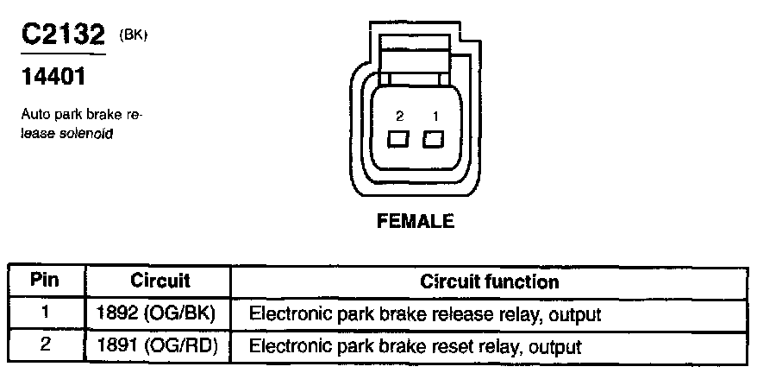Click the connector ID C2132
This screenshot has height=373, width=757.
pyautogui.click(x=62, y=35)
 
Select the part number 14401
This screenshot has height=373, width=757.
pyautogui.click(x=53, y=78)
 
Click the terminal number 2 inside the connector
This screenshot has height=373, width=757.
pyautogui.click(x=399, y=116)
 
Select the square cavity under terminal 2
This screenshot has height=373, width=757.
pyautogui.click(x=398, y=138)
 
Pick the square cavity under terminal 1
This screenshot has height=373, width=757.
pyautogui.click(x=433, y=138)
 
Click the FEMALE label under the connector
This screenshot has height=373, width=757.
pyautogui.click(x=416, y=221)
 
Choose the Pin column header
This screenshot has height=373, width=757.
pyautogui.click(x=45, y=281)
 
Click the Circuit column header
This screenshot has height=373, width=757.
pyautogui.click(x=160, y=281)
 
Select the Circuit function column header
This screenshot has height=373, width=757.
pyautogui.click(x=489, y=281)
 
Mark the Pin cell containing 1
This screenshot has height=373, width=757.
pyautogui.click(x=45, y=313)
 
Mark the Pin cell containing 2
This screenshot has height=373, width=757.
pyautogui.click(x=45, y=346)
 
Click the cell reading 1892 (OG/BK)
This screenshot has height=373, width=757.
pyautogui.click(x=160, y=314)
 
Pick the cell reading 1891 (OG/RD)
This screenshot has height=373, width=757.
pyautogui.click(x=160, y=347)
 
